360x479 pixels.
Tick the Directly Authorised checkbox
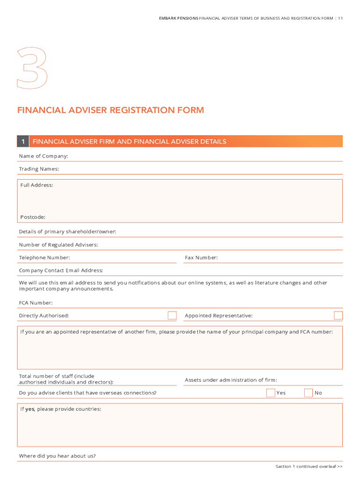172,315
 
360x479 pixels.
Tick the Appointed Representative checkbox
338,315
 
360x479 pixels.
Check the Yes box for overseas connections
270,392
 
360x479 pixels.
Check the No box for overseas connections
308,392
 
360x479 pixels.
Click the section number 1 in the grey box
23,141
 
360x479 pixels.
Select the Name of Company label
43,156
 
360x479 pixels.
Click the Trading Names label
39,168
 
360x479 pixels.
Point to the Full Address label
36,185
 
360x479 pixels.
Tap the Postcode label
33,217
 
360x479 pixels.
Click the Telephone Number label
44,258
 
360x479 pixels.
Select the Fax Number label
201,258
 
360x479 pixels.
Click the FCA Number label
36,303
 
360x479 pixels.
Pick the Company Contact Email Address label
61,270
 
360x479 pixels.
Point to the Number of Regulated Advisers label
58,245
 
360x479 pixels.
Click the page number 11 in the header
340,18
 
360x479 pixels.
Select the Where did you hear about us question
58,456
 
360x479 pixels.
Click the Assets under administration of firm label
231,380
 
